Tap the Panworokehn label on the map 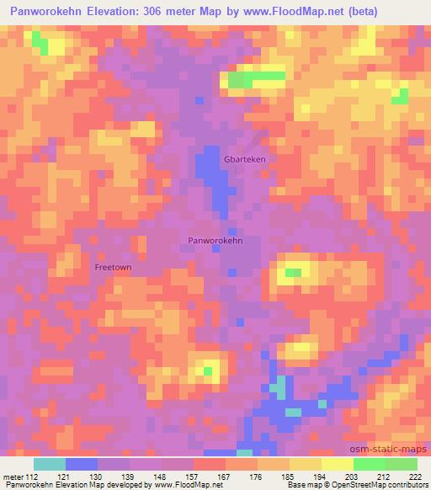[215, 241]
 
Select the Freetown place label [113, 268]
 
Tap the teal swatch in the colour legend [50, 464]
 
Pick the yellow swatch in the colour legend [338, 464]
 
